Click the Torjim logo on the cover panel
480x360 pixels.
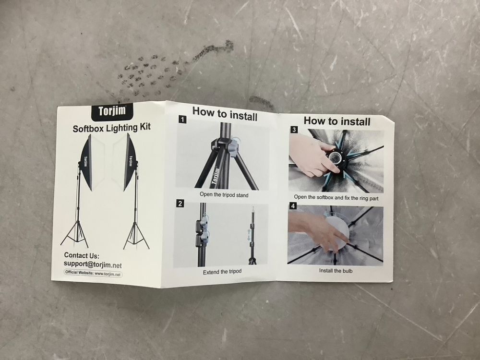coord(112,111)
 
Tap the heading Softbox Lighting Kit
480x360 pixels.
coord(112,128)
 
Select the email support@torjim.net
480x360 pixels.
coord(93,264)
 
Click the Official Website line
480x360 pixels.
coord(93,273)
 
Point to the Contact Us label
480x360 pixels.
coord(82,255)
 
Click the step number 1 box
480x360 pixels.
coord(182,120)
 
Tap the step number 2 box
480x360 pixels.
coord(180,203)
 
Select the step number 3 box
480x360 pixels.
coord(294,130)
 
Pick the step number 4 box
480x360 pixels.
coord(293,206)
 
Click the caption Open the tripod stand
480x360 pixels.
coord(224,195)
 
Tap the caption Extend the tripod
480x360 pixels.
coord(222,272)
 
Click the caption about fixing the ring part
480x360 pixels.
coord(336,197)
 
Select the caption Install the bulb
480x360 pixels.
coord(336,271)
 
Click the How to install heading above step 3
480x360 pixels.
coord(337,121)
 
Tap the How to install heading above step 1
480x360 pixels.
coord(225,114)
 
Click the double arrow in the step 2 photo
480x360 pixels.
coord(249,235)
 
